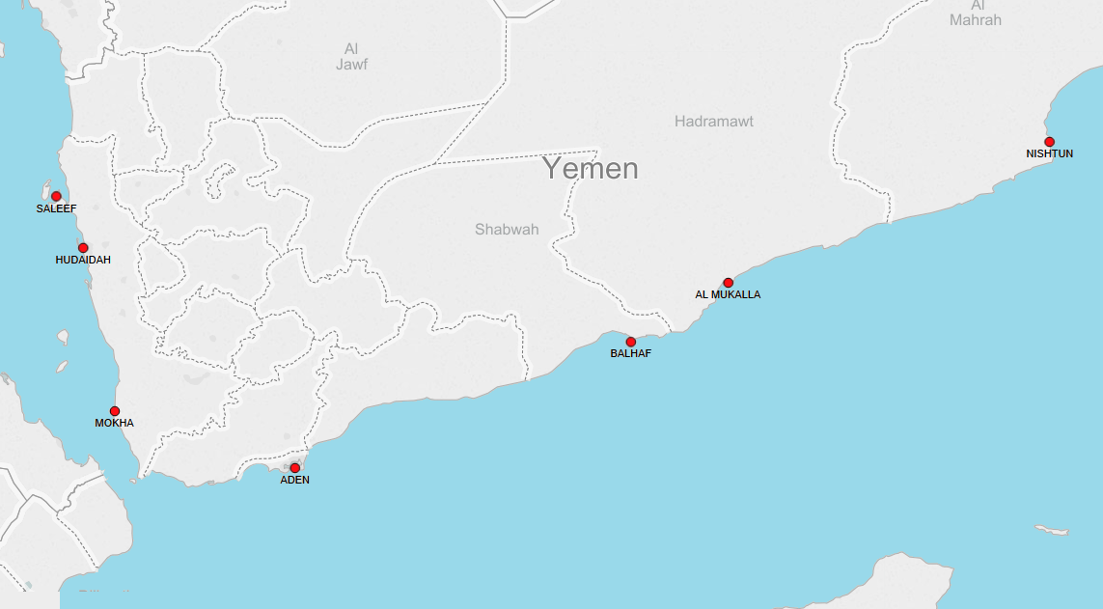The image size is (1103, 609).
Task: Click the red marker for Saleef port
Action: (x=56, y=197)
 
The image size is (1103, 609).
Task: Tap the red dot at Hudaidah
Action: (x=83, y=248)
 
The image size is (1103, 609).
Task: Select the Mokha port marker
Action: (x=115, y=411)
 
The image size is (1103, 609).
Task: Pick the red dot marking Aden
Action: (x=295, y=468)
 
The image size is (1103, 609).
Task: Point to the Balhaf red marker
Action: (x=631, y=342)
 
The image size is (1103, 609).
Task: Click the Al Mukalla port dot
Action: (x=728, y=283)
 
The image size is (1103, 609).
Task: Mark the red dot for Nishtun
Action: (x=1049, y=142)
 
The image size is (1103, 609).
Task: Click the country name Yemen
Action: (x=590, y=169)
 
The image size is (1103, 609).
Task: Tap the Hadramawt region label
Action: (x=714, y=122)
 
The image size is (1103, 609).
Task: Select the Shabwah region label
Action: (x=507, y=230)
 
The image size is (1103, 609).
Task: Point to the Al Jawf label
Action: (x=352, y=57)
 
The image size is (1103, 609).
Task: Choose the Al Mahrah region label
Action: (x=976, y=13)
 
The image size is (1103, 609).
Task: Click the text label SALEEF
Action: (x=56, y=208)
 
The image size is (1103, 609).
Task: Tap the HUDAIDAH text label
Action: (x=83, y=261)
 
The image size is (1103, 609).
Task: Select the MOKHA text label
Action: (x=114, y=424)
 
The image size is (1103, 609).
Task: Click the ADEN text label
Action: (x=295, y=481)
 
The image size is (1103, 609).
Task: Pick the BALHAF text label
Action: (x=631, y=354)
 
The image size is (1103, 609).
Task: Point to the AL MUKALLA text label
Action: (x=728, y=295)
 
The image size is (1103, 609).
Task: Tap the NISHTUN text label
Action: (x=1049, y=154)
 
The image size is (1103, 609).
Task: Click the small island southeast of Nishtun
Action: (x=1052, y=531)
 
